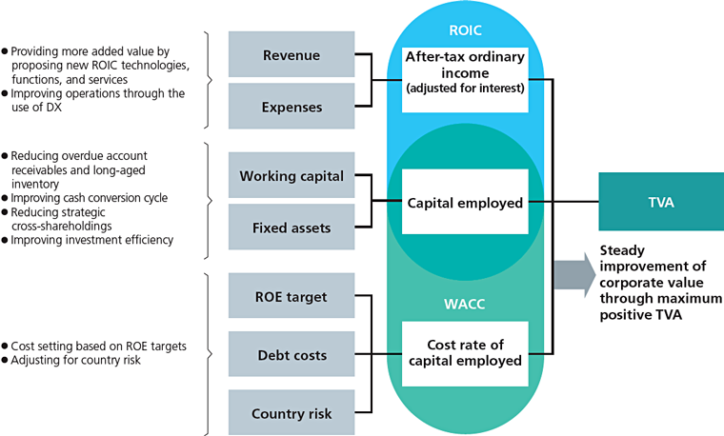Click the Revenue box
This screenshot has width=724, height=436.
click(292, 54)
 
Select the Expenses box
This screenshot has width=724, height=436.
click(292, 106)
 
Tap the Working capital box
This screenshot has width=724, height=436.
click(292, 175)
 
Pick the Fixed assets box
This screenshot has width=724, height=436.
click(292, 227)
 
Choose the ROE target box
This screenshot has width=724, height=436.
click(292, 296)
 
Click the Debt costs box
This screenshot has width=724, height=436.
click(292, 354)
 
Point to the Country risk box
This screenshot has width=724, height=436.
click(292, 413)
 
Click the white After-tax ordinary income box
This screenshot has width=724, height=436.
click(465, 80)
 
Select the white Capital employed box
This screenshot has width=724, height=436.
click(465, 202)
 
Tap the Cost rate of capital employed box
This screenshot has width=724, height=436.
click(465, 354)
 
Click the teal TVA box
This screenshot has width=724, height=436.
click(661, 202)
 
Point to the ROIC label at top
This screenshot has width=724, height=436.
click(465, 30)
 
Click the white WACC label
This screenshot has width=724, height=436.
click(465, 304)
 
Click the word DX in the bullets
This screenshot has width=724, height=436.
click(53, 107)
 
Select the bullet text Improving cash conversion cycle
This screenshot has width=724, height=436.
click(90, 198)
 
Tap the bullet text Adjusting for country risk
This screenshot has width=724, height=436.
click(75, 360)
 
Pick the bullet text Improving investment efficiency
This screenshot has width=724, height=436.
click(91, 240)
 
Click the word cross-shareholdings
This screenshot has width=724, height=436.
click(62, 226)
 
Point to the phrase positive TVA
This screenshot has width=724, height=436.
click(640, 315)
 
